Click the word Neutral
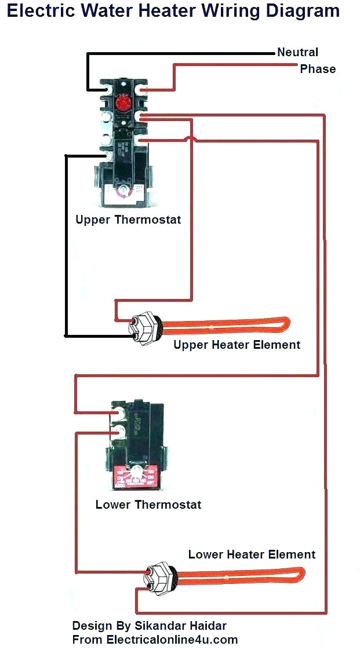click(297, 52)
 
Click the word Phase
click(318, 69)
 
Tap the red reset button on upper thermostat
click(122, 104)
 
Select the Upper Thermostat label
click(128, 220)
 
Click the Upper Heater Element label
click(237, 345)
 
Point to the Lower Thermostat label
click(148, 505)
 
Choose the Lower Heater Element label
click(252, 554)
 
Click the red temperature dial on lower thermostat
click(134, 476)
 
